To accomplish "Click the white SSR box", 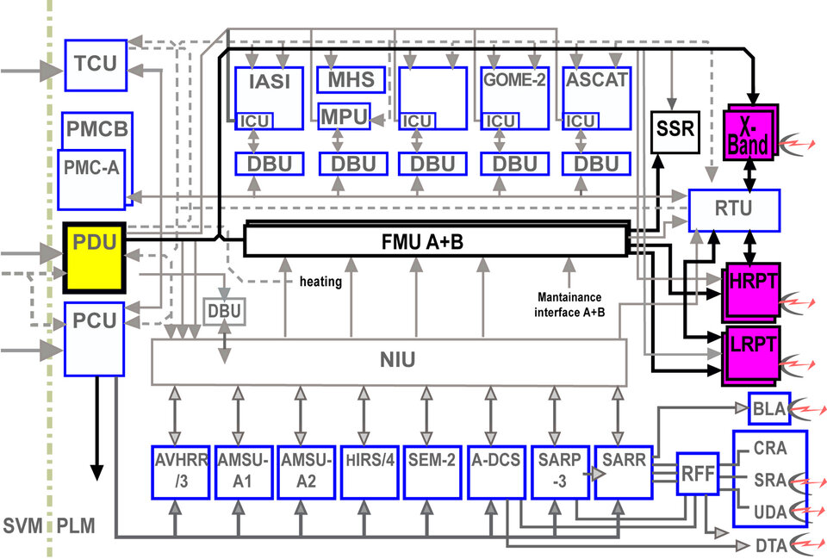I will click(x=673, y=132).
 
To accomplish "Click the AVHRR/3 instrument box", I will click(x=179, y=471).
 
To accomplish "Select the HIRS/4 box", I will click(x=368, y=471).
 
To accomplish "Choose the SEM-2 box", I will click(x=431, y=471).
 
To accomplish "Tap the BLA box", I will click(x=768, y=408).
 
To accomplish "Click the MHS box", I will click(x=349, y=80).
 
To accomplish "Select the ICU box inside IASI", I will click(x=254, y=122).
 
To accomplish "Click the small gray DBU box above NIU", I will click(x=224, y=311).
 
